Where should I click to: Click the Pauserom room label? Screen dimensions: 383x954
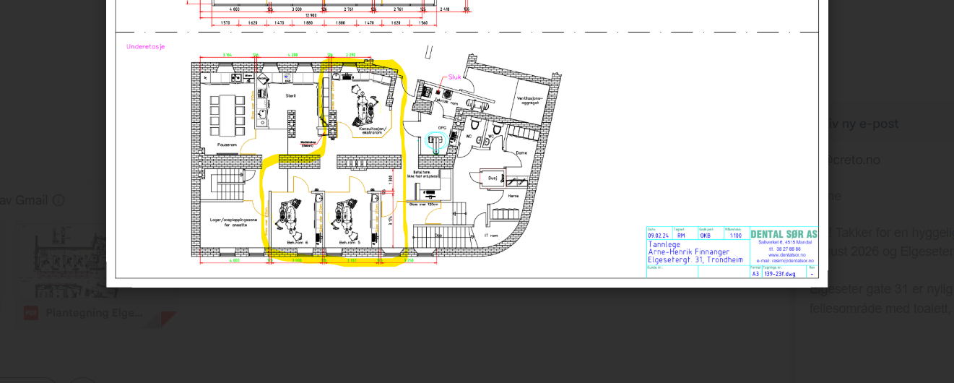coord(227,145)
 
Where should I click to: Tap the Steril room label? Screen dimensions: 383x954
coord(290,95)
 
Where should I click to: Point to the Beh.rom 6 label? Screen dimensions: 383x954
coord(297,242)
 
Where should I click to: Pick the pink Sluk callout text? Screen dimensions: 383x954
coord(454,77)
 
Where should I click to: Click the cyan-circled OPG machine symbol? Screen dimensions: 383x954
coord(435,140)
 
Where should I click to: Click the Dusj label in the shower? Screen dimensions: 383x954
coord(493,177)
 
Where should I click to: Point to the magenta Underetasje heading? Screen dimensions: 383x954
coord(146,47)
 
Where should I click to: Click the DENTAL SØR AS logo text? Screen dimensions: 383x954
coord(784,234)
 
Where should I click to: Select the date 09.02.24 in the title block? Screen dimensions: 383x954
coord(657,236)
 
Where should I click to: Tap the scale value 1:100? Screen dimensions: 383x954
coord(735,236)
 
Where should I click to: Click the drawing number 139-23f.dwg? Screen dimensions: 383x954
coord(780,274)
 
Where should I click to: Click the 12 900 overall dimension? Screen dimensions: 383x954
coord(311,15)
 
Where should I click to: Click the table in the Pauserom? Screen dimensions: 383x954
coord(225,114)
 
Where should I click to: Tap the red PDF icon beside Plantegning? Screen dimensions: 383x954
coord(31,313)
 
